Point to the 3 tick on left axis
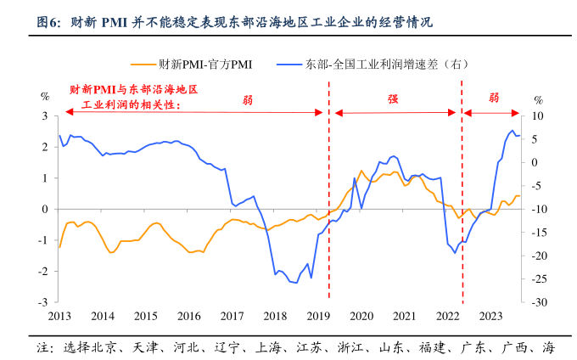tap(43, 115)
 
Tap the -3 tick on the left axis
tap(42, 302)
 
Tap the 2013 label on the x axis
tap(59, 317)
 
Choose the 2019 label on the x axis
tap(317, 317)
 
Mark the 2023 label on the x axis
tap(490, 317)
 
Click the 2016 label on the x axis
tap(188, 317)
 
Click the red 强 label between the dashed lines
tap(394, 98)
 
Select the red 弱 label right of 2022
tap(494, 98)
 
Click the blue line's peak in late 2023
tap(512, 131)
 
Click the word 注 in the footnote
tap(41, 348)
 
